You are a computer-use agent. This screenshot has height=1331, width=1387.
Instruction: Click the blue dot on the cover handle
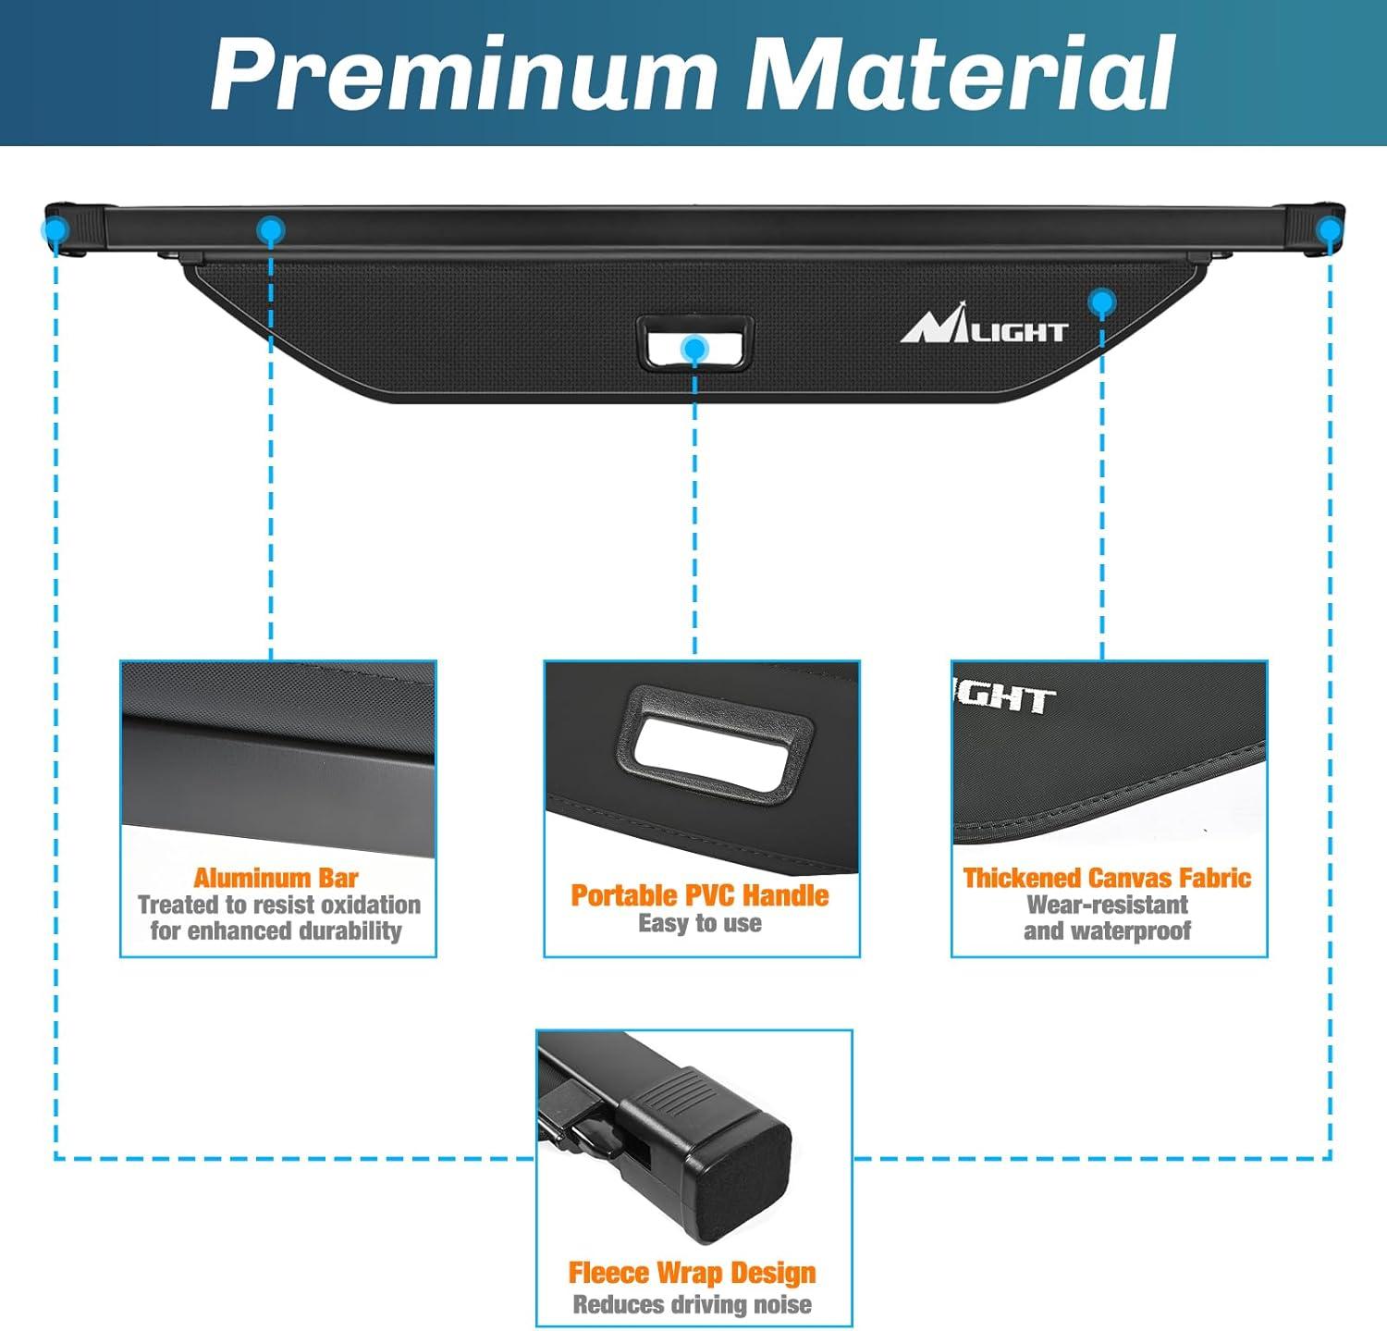[x=693, y=348]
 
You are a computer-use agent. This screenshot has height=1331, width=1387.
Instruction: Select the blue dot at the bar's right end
[x=1330, y=230]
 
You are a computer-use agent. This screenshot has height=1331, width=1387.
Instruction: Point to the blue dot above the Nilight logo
[x=1101, y=302]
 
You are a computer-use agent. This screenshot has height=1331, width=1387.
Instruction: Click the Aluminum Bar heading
[x=276, y=878]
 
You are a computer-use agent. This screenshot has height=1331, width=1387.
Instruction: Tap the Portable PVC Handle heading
[x=700, y=895]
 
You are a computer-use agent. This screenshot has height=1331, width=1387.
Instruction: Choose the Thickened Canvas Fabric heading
[x=1107, y=878]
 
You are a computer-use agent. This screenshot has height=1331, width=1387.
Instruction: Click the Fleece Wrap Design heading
[x=693, y=1274]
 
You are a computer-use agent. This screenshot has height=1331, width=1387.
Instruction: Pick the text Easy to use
[x=700, y=923]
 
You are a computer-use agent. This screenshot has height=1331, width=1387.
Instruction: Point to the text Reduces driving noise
[x=693, y=1305]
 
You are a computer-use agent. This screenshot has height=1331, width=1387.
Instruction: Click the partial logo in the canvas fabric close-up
[x=1004, y=699]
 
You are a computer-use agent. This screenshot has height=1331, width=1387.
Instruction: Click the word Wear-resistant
[x=1107, y=905]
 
